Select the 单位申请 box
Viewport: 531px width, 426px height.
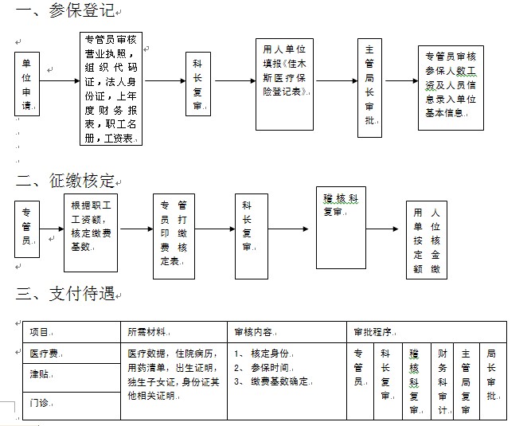[27, 84]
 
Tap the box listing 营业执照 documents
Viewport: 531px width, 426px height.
[111, 88]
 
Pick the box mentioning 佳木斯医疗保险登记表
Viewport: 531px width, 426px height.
[285, 84]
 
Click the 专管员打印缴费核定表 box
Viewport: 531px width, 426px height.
[174, 236]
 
